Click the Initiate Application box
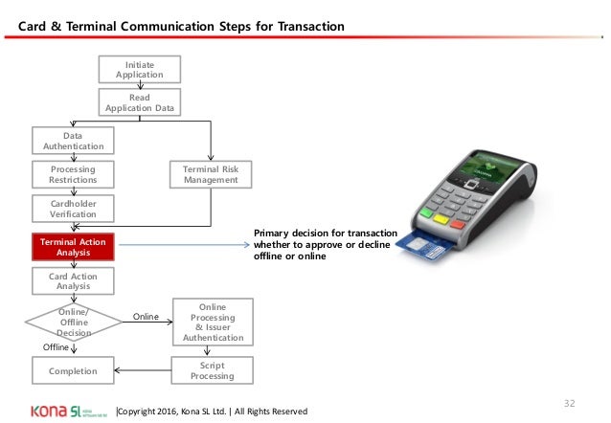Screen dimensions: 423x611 coord(139,69)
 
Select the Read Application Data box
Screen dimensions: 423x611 coord(139,102)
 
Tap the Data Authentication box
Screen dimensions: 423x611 coord(73,141)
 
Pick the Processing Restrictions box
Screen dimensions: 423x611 coord(73,174)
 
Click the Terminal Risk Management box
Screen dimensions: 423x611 coord(211,174)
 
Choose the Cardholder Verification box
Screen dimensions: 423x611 coord(73,209)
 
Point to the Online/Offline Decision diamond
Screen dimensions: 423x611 coord(73,320)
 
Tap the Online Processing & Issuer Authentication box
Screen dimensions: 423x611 coord(211,320)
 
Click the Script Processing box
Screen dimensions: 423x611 coord(211,369)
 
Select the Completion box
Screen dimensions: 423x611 coord(73,369)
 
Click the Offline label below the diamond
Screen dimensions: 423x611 coord(57,347)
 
